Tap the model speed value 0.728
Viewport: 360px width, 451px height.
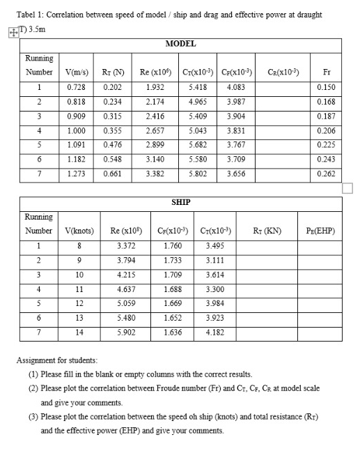tap(77, 87)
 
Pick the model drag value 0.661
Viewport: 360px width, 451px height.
tap(114, 174)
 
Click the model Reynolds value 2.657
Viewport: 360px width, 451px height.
tap(155, 130)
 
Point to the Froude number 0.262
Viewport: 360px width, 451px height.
tap(325, 174)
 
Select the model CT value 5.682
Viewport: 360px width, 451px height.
tap(197, 145)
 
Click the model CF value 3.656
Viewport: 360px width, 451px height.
tap(235, 174)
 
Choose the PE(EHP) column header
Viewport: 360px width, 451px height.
tap(320, 231)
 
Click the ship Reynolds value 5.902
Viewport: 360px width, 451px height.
tap(127, 332)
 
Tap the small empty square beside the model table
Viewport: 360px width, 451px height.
tap(348, 189)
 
